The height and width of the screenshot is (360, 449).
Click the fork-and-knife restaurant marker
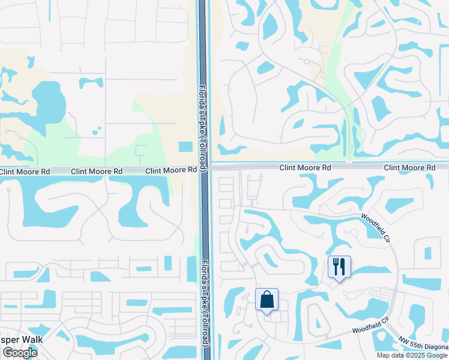[x=339, y=266]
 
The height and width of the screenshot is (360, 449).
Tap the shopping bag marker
[x=267, y=299]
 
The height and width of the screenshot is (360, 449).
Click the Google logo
[x=19, y=353]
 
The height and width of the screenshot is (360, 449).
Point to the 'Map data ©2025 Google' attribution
[x=412, y=355]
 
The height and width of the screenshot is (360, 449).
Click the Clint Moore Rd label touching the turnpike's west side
[x=172, y=170]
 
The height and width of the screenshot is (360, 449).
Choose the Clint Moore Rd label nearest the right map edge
[x=409, y=168]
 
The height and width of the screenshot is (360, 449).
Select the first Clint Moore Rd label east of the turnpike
[x=305, y=168]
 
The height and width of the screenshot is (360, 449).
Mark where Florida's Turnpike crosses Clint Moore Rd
[x=204, y=169]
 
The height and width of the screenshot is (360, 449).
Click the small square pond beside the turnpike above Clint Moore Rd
[x=186, y=146]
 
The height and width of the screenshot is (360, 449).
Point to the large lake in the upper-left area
[x=48, y=98]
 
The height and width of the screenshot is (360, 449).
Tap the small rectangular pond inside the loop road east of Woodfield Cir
[x=427, y=253]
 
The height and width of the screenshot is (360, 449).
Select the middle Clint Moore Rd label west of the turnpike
[x=97, y=171]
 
